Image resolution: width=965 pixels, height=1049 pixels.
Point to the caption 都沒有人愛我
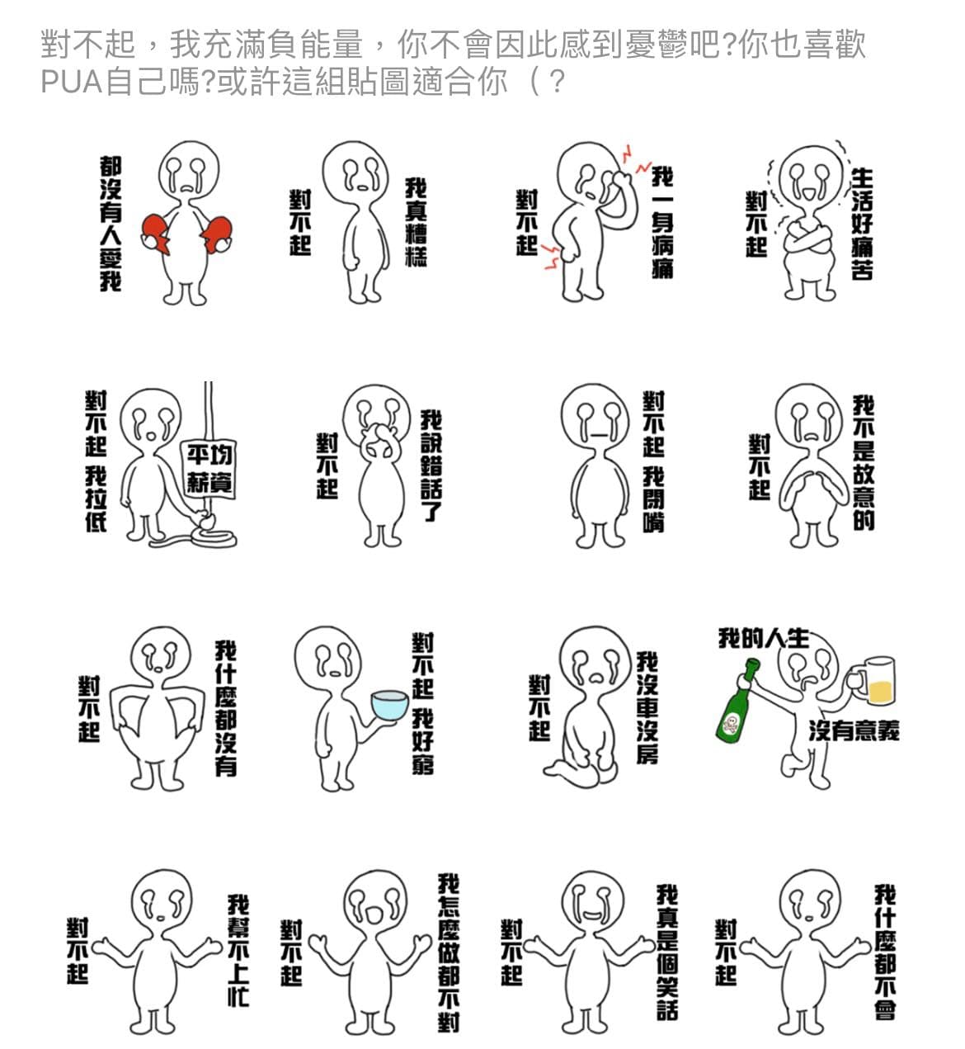pos(111,224)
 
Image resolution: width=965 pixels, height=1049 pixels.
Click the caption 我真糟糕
pos(417,222)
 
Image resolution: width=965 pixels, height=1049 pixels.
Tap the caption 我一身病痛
pos(662,223)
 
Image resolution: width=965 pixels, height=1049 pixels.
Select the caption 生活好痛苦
pos(862,224)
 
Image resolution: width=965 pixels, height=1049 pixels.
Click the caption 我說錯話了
pos(432,466)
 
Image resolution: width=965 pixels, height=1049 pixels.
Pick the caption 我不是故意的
pos(864,463)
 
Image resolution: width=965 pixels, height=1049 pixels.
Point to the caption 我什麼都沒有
pos(226,709)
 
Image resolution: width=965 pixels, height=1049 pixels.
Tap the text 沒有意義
pos(854,730)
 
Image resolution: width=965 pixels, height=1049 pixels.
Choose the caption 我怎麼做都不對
pos(449,952)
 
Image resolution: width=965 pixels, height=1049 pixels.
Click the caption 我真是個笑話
pos(667,952)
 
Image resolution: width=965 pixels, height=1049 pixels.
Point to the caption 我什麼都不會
pos(886,952)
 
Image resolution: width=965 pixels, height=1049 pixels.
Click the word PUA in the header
pos(72,82)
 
